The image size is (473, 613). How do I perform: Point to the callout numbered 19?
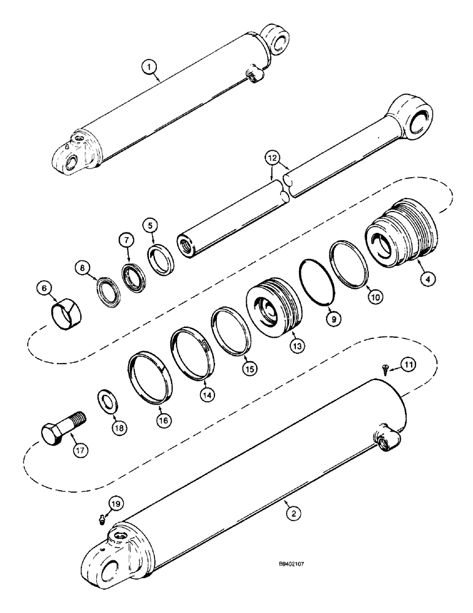115,503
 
